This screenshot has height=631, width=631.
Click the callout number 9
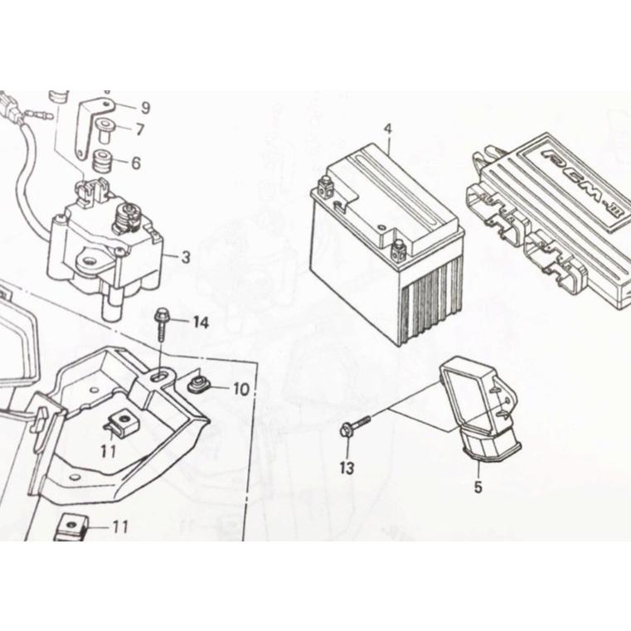[145, 108]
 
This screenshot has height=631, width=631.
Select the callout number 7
[139, 129]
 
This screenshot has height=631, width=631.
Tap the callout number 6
[136, 163]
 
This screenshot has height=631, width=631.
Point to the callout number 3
[185, 257]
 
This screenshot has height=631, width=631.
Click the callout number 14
[201, 322]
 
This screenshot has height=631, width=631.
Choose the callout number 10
[240, 388]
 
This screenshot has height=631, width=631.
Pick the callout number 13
[347, 468]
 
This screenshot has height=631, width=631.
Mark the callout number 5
[478, 488]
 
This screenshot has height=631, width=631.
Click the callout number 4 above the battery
[387, 129]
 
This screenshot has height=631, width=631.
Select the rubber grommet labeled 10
[198, 383]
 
